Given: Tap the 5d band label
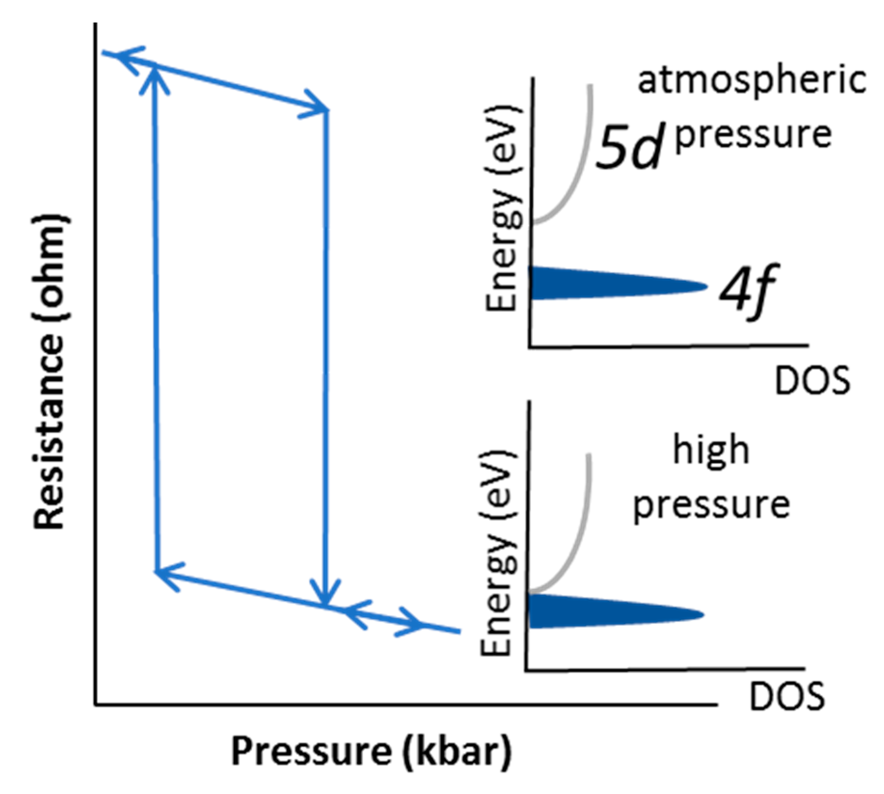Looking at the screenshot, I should tap(628, 146).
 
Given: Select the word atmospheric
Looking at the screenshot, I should tap(751, 80).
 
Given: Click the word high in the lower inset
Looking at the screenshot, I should tap(711, 450).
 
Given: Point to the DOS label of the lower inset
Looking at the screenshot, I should tap(787, 697).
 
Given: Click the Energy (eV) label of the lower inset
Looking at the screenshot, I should tap(496, 554).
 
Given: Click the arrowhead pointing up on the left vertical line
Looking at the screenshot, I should tap(154, 77).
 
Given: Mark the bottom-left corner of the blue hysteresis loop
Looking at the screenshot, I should tap(156, 572).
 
